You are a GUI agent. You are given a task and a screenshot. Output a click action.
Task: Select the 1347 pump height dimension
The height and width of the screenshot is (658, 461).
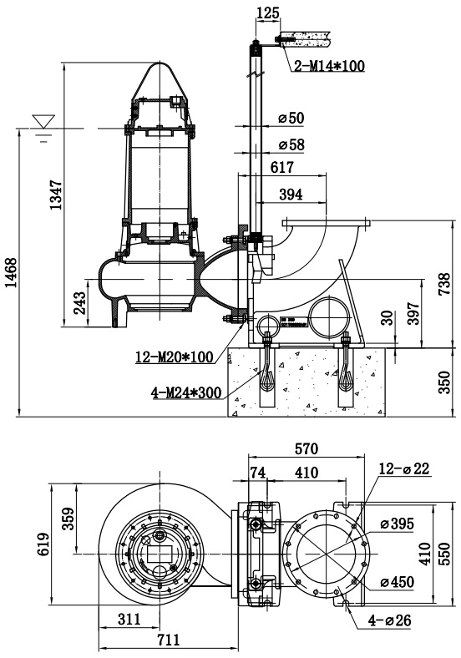[56, 195]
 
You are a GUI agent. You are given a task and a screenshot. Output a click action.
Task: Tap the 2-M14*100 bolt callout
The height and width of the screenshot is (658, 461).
[329, 66]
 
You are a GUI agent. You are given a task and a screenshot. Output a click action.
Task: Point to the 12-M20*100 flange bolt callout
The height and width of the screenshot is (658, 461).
[174, 357]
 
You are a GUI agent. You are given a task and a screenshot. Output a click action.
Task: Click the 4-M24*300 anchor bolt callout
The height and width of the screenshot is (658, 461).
[186, 392]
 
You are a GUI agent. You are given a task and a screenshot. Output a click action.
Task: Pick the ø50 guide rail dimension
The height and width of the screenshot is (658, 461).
[291, 118]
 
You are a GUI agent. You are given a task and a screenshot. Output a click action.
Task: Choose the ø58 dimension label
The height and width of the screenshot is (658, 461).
[291, 144]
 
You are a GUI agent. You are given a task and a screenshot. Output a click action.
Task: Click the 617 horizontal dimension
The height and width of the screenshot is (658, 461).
[281, 167]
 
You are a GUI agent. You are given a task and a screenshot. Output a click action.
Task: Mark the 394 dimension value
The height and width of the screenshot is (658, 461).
[291, 194]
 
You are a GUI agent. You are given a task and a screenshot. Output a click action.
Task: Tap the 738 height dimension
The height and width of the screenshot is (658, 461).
[443, 284]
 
